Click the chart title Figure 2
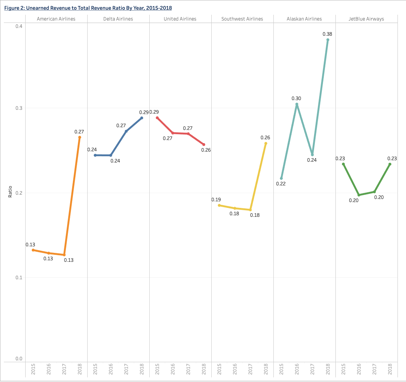pos(88,8)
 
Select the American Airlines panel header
pos(56,19)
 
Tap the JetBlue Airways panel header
pos(366,19)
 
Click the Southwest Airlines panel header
pos(242,19)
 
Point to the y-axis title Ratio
pos(10,192)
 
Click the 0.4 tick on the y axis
pos(19,26)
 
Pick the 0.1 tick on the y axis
pos(19,278)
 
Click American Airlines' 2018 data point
pos(79,137)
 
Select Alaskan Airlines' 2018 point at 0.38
pos(328,40)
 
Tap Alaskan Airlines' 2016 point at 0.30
pos(297,104)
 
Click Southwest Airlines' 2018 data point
pos(266,143)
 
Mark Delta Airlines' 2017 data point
pos(126,131)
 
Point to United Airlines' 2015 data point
pos(157,118)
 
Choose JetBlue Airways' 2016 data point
pos(359,195)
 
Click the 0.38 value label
pos(327,34)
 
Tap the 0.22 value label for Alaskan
pos(281,183)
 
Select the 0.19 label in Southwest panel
pos(216,200)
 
